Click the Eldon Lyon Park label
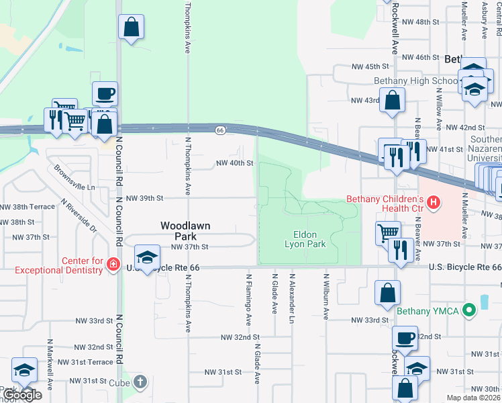pos(309,239)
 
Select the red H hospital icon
pos(434,201)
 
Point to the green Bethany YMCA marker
pos(470,310)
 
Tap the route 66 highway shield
pos(219,130)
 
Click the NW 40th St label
pos(234,163)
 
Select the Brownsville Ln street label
pos(75,179)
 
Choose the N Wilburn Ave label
pos(325,296)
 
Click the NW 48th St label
pos(420,22)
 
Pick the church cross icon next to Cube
pos(140,382)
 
